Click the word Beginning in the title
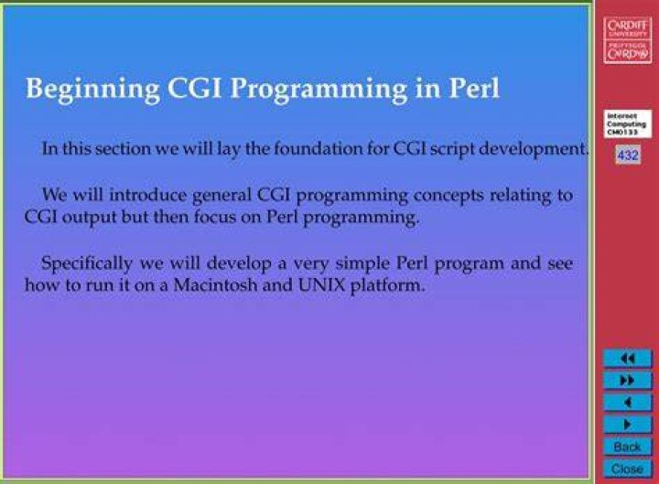point(92,89)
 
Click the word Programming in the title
point(319,89)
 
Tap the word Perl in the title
point(474,88)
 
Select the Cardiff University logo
point(628,40)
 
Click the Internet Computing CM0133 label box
point(628,124)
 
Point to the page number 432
point(628,156)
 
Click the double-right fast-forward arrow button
point(628,381)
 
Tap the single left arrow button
point(628,403)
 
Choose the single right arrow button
point(628,425)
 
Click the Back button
point(628,446)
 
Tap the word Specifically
point(87,264)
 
